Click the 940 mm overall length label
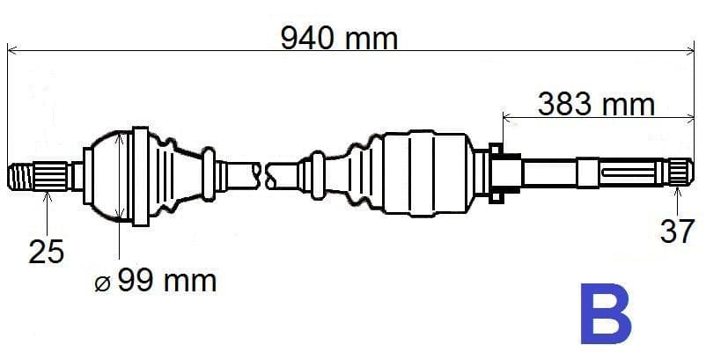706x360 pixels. pyautogui.click(x=339, y=37)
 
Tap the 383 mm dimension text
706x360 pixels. pyautogui.click(x=596, y=104)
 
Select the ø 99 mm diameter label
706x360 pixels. pyautogui.click(x=155, y=281)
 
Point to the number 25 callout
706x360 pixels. pyautogui.click(x=47, y=253)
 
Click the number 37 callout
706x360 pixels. pyautogui.click(x=677, y=231)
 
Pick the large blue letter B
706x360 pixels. pyautogui.click(x=606, y=313)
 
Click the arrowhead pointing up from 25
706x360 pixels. pyautogui.click(x=48, y=195)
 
